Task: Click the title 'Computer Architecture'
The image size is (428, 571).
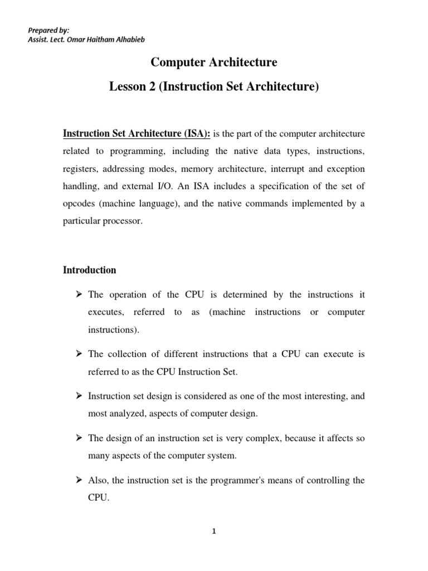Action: pos(214,62)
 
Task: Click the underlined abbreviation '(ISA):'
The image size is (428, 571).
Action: pos(196,134)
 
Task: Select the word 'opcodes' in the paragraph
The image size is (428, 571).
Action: pos(79,203)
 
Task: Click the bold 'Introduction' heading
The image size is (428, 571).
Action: pos(89,270)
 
